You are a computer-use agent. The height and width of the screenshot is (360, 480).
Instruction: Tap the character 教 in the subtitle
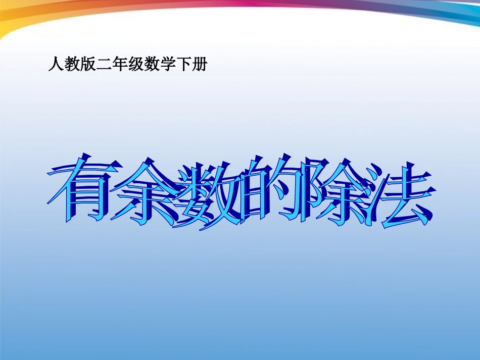point(71,65)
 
